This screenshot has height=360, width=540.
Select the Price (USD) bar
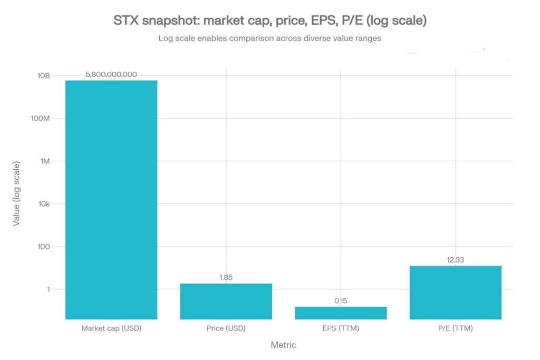[226, 301]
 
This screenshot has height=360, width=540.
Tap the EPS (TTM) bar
[341, 313]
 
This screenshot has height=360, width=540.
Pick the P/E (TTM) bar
[455, 292]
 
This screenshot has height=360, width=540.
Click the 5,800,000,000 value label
[111, 74]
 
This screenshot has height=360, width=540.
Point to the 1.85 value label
[226, 277]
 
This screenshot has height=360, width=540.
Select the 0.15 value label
[341, 300]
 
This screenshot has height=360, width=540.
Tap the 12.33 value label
[455, 259]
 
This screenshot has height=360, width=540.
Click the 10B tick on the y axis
[43, 75]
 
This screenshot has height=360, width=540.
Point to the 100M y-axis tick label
[40, 118]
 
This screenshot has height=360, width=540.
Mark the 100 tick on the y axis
[43, 247]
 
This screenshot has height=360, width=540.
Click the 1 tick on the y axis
[47, 289]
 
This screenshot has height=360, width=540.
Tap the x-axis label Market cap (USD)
[111, 328]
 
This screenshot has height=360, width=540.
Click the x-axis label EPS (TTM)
[341, 328]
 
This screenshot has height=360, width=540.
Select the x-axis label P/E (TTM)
[455, 328]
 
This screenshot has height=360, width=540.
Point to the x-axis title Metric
[283, 345]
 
